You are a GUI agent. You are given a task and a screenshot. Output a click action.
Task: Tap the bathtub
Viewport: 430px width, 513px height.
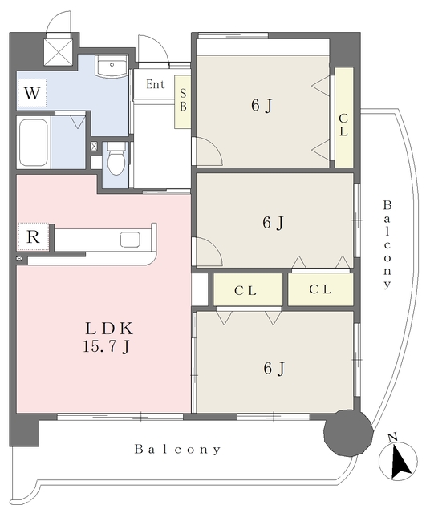(34, 143)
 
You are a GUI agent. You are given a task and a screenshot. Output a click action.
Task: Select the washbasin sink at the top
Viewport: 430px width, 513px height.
(112, 66)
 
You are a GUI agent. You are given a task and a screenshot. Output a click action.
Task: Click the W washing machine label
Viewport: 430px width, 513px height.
(32, 93)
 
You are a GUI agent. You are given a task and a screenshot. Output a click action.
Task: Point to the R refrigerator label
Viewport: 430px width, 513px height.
(33, 237)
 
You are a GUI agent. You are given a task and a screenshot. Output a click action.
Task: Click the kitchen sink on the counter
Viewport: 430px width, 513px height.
(130, 240)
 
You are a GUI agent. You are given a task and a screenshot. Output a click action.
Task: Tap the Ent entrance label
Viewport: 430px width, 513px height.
(156, 84)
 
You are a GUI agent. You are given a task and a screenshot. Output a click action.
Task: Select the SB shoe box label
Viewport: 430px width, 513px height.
(183, 100)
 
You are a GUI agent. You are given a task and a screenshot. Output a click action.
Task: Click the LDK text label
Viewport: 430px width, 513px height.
(109, 329)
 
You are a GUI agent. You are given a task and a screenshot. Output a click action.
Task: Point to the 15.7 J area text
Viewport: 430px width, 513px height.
(106, 346)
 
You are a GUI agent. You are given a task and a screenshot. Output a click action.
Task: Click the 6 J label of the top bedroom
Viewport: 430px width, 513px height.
(262, 106)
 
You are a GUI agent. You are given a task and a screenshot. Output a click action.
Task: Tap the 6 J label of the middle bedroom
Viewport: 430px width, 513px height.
(273, 223)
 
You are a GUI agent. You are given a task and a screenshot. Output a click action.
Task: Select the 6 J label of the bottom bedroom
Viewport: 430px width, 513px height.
(274, 369)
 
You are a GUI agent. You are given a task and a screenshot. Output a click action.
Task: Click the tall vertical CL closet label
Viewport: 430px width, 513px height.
(343, 125)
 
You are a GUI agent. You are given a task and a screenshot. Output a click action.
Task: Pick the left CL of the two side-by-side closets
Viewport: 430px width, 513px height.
(245, 290)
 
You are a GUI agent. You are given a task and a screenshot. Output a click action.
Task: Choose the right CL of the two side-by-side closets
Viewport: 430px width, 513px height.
(320, 289)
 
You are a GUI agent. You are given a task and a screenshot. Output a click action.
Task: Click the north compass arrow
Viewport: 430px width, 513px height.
(400, 461)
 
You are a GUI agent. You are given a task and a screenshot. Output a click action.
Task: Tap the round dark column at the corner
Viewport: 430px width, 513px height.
(348, 432)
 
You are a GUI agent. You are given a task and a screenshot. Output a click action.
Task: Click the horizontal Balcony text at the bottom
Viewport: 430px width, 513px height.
(177, 449)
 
